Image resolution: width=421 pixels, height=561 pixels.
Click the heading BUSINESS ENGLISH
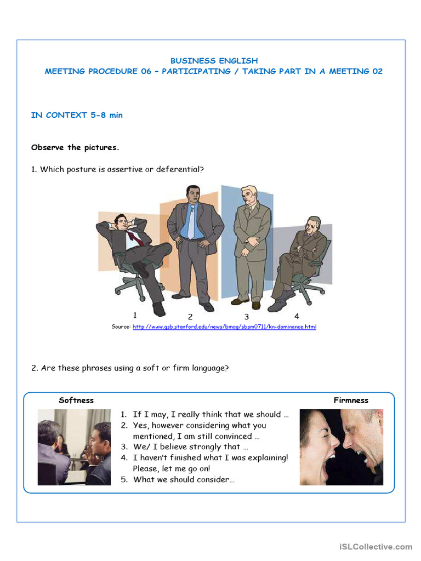(214, 61)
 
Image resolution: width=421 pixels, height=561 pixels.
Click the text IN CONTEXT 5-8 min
(77, 115)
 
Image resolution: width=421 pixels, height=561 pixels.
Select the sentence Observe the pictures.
(75, 147)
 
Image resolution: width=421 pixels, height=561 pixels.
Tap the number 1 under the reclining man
(135, 315)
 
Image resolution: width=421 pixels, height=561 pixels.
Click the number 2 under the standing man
(190, 317)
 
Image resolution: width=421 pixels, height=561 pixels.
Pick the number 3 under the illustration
(247, 317)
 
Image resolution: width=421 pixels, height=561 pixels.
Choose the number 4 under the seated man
(297, 316)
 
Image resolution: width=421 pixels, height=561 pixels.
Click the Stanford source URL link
(224, 327)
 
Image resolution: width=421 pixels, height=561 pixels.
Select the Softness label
(76, 400)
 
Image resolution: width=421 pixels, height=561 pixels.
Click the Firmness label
(351, 400)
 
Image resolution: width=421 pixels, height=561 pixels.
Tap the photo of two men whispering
(74, 447)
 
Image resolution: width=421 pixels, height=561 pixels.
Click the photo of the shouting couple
(341, 447)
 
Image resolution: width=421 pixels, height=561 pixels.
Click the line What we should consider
(184, 479)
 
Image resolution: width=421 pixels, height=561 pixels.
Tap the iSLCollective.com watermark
(376, 547)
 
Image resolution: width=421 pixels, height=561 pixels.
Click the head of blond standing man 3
(249, 196)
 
